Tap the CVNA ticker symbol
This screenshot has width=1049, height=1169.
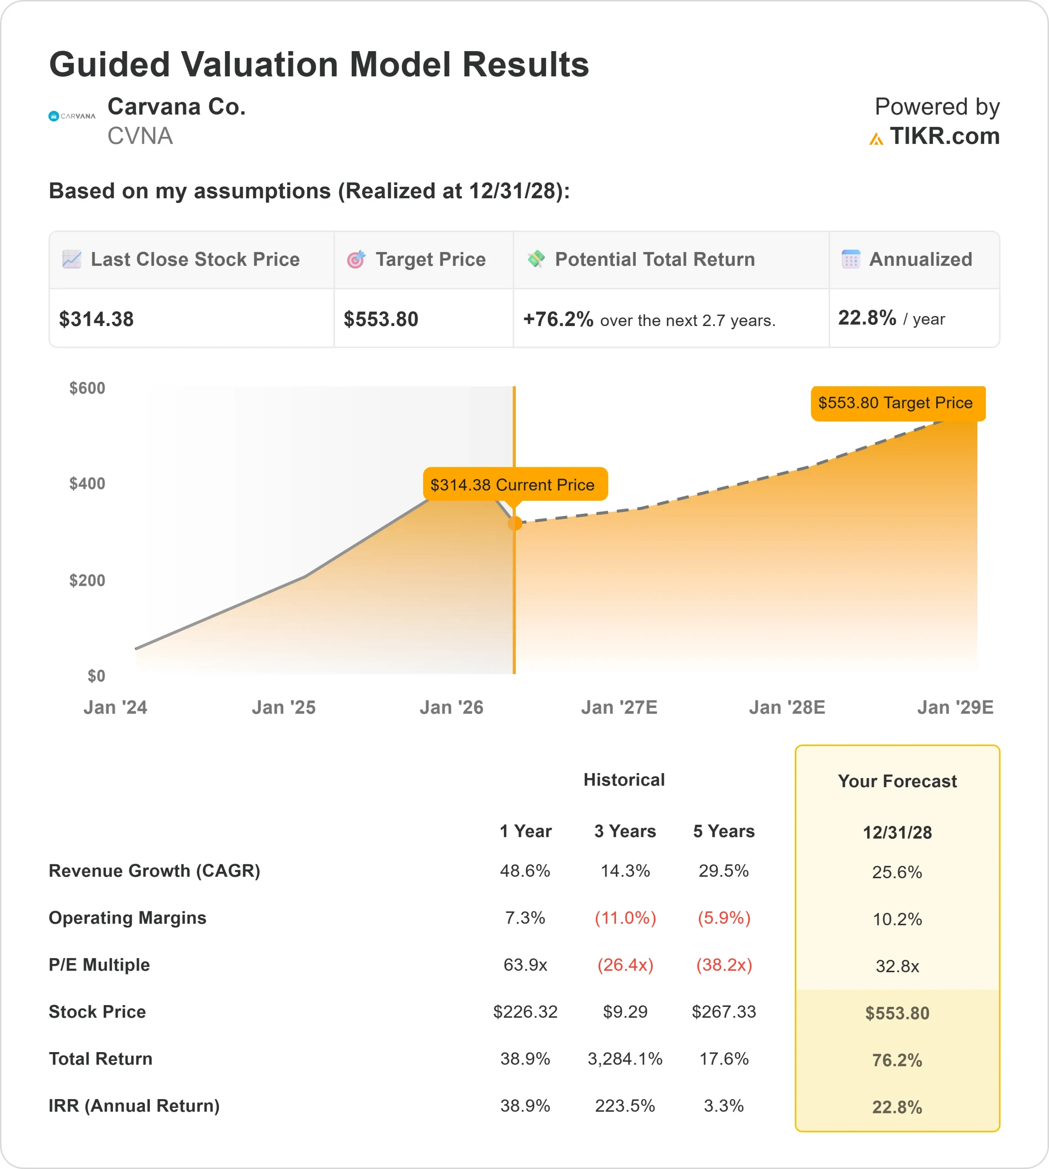point(140,136)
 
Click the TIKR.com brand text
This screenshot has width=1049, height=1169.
point(943,136)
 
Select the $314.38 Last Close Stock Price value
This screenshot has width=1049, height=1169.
point(96,319)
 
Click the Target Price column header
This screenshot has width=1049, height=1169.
point(430,259)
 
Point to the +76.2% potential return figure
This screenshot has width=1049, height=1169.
point(557,319)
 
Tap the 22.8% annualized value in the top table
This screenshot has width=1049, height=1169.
point(867,317)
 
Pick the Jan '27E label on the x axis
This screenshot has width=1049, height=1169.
point(619,707)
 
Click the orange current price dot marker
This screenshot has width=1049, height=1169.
point(515,523)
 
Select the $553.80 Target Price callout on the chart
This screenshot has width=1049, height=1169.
point(897,403)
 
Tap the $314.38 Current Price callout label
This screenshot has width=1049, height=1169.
point(513,484)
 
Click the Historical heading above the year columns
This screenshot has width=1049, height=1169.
point(624,779)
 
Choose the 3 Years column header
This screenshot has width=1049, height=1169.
point(625,831)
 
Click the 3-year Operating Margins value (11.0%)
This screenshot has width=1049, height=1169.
point(625,917)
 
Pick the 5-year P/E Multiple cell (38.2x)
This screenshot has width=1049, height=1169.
point(724,964)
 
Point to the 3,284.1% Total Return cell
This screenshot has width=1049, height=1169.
point(625,1058)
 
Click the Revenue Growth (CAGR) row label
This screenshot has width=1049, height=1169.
point(154,870)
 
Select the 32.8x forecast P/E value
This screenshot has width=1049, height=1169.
point(897,966)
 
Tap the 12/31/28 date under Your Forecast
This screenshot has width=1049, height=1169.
point(897,832)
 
